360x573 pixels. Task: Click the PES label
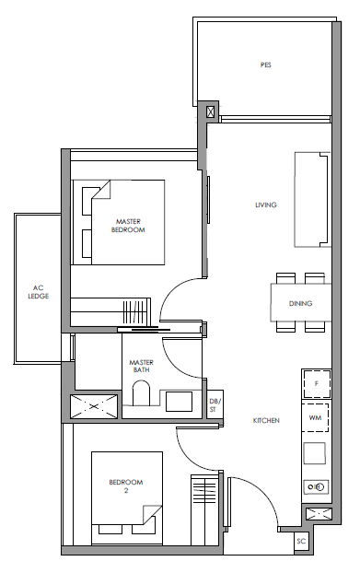coord(266,65)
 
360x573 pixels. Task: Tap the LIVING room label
coord(266,205)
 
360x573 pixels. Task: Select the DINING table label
coord(300,303)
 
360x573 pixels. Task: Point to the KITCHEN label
coord(266,421)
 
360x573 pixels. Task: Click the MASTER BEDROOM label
coord(128,226)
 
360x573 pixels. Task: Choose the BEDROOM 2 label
coord(126,486)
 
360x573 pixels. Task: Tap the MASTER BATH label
coord(141,366)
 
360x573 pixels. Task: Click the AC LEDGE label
coord(39,292)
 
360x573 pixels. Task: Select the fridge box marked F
coord(317,384)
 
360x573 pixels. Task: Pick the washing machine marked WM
coord(315,417)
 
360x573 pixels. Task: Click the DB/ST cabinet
coord(213,404)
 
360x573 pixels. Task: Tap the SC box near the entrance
coord(301,541)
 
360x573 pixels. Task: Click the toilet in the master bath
coord(141,393)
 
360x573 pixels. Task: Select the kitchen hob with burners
coord(316,486)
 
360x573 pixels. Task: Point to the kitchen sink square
coord(314,453)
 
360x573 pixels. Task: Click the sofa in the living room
coord(312,200)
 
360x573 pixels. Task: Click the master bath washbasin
coord(179,402)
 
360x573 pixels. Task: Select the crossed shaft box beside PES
coord(211,111)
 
